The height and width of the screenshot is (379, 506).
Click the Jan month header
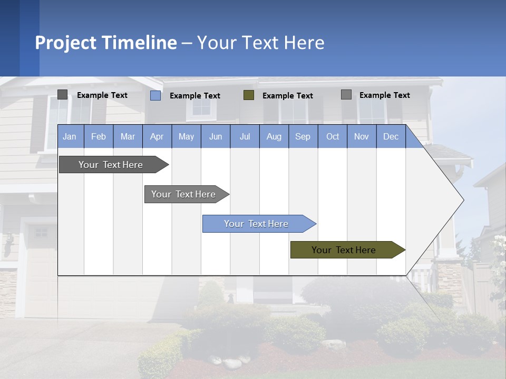(70, 136)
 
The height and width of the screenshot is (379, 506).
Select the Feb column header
(99, 136)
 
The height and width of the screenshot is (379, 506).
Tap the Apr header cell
(157, 136)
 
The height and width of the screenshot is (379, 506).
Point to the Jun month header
(216, 136)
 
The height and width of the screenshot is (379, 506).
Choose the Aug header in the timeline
(274, 136)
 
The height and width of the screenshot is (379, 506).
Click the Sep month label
(303, 136)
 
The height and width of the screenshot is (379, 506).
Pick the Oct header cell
(333, 136)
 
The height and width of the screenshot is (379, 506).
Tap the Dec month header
(391, 136)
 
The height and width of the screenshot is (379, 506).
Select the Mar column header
(128, 136)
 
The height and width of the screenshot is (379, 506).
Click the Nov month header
(362, 136)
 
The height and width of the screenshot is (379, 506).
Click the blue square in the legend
(155, 95)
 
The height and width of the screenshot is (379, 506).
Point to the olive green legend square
(249, 95)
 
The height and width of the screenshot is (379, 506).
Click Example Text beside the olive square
(288, 96)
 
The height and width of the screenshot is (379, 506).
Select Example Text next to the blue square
(195, 96)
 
